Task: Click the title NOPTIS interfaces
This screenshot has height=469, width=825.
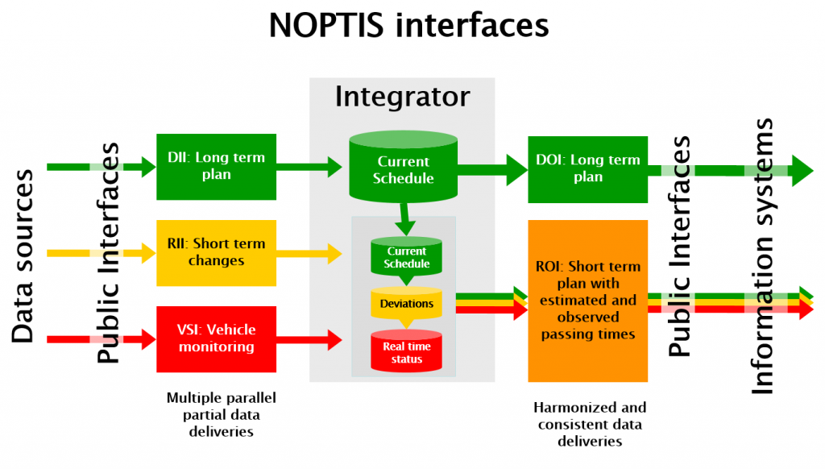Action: point(408,25)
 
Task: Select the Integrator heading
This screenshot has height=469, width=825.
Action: point(403,98)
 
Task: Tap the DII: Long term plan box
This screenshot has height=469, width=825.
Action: point(216,167)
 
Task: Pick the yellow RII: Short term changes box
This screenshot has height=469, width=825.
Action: point(216,253)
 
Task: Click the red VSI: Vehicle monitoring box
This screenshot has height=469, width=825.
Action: point(216,339)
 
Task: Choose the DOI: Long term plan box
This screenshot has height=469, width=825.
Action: point(587,169)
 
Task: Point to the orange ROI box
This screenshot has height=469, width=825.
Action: point(587,301)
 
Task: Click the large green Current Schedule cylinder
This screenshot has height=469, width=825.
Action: point(404,166)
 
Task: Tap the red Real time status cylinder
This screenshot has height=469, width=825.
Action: point(406,351)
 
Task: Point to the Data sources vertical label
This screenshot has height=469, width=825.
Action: point(23,256)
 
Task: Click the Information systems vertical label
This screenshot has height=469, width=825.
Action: point(762,256)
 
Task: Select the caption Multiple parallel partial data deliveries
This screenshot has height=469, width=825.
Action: point(221,415)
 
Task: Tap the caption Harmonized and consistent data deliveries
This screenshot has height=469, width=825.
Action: point(589,424)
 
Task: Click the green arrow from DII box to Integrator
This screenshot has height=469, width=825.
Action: point(309,167)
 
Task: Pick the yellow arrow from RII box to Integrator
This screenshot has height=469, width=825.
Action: point(309,253)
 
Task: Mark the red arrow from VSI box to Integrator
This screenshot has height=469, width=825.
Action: point(309,339)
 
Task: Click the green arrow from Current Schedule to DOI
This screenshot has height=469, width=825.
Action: point(492,169)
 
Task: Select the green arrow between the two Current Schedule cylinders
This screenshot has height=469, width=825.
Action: point(404,219)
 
